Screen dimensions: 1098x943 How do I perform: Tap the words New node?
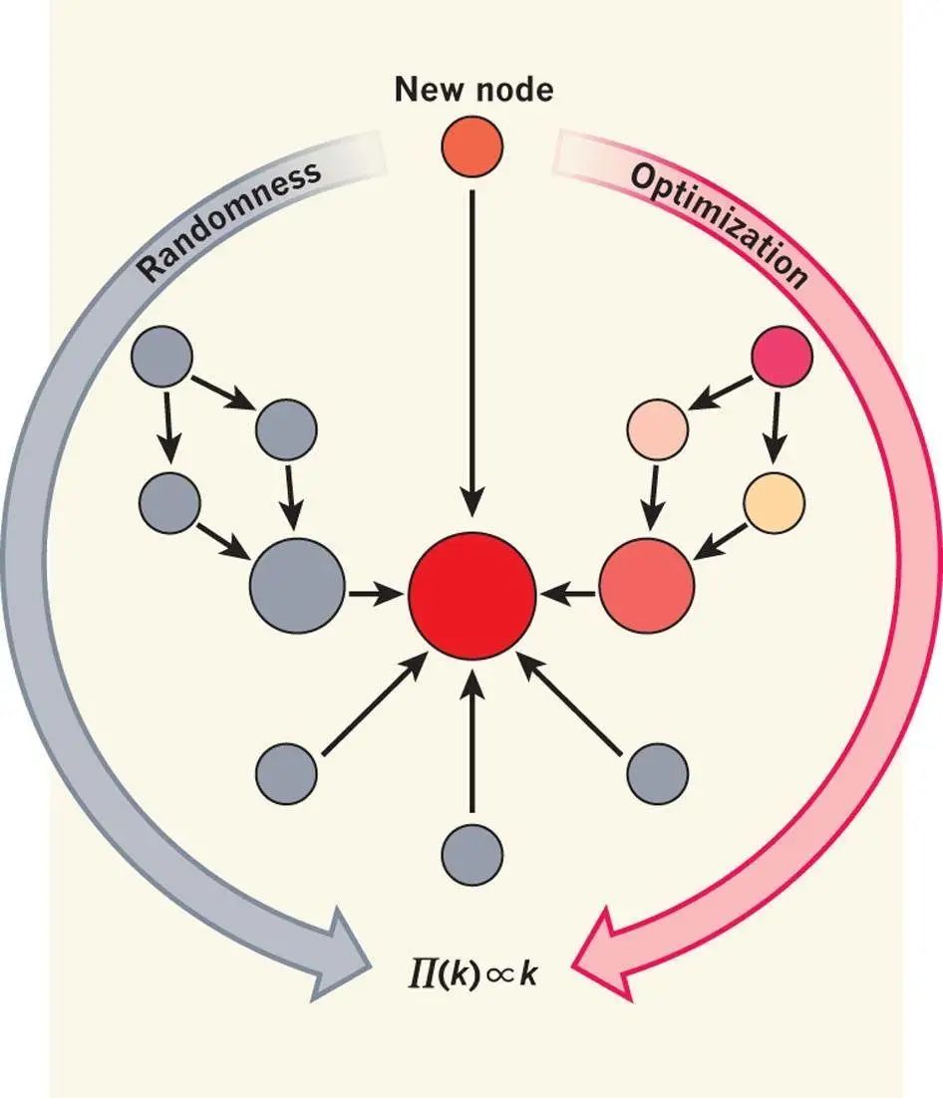pos(473,91)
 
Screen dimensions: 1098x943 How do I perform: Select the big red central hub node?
pos(471,596)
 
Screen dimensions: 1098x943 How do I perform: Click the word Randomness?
pos(228,220)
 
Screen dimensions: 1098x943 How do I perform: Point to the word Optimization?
pos(719,222)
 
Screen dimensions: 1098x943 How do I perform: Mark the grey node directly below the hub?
pos(471,854)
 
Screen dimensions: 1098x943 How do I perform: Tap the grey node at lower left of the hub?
pos(287,773)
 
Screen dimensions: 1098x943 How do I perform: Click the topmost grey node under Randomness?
pos(162,357)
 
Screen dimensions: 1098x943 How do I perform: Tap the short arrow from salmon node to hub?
pos(568,594)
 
